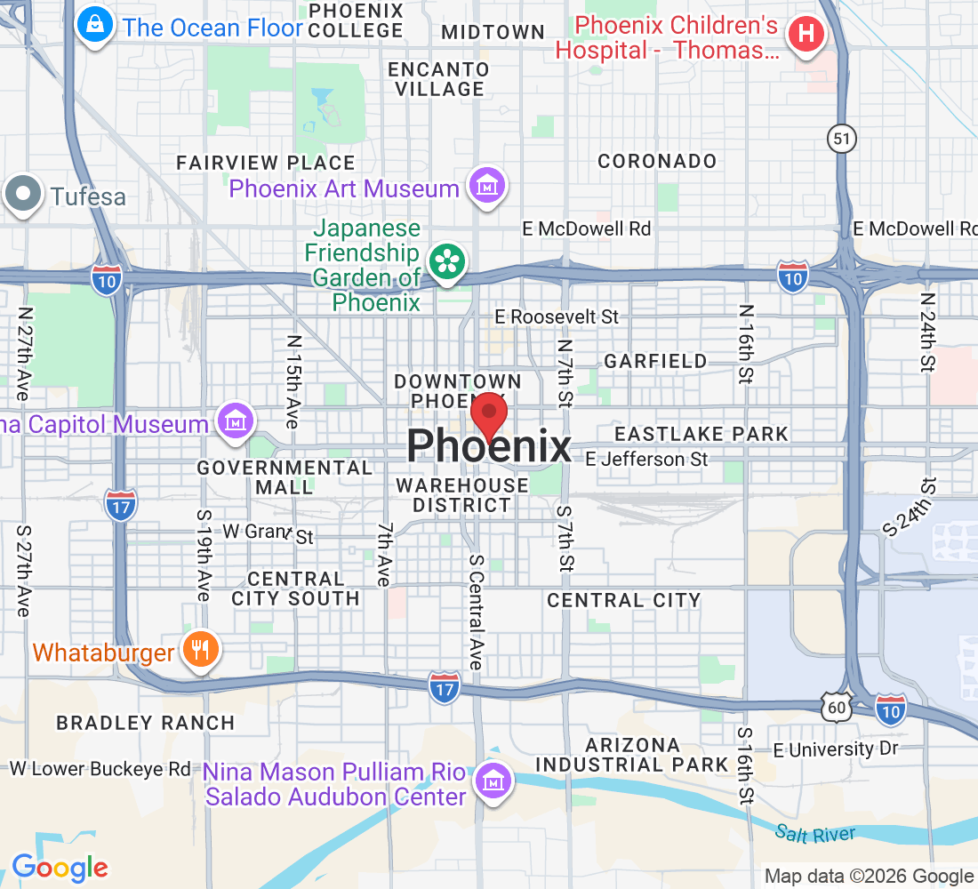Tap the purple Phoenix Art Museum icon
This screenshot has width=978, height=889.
(488, 187)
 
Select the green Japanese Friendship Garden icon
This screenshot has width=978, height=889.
(446, 261)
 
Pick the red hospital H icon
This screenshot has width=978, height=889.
(806, 36)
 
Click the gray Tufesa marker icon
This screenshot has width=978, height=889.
(23, 196)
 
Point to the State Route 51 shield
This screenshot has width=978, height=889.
(840, 137)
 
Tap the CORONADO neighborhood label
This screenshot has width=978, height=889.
(657, 161)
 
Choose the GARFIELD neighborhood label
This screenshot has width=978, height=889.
(655, 361)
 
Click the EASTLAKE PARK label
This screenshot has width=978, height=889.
(701, 434)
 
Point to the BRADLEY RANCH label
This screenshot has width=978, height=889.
(146, 723)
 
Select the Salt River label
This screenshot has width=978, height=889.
(814, 834)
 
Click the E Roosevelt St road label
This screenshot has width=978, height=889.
(557, 316)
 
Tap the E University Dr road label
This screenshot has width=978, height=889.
(836, 749)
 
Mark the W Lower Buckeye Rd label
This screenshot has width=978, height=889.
(100, 768)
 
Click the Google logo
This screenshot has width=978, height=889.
(60, 867)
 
